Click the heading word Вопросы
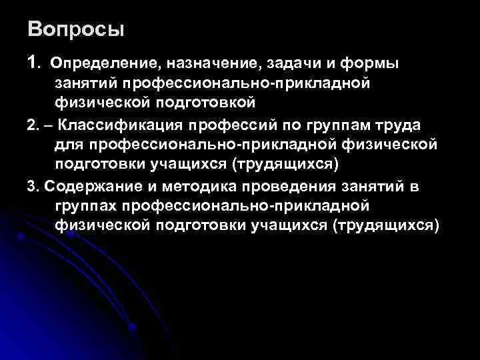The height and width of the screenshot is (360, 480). (76, 30)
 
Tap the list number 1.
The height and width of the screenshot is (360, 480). (33, 63)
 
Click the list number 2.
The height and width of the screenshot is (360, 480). (33, 126)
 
